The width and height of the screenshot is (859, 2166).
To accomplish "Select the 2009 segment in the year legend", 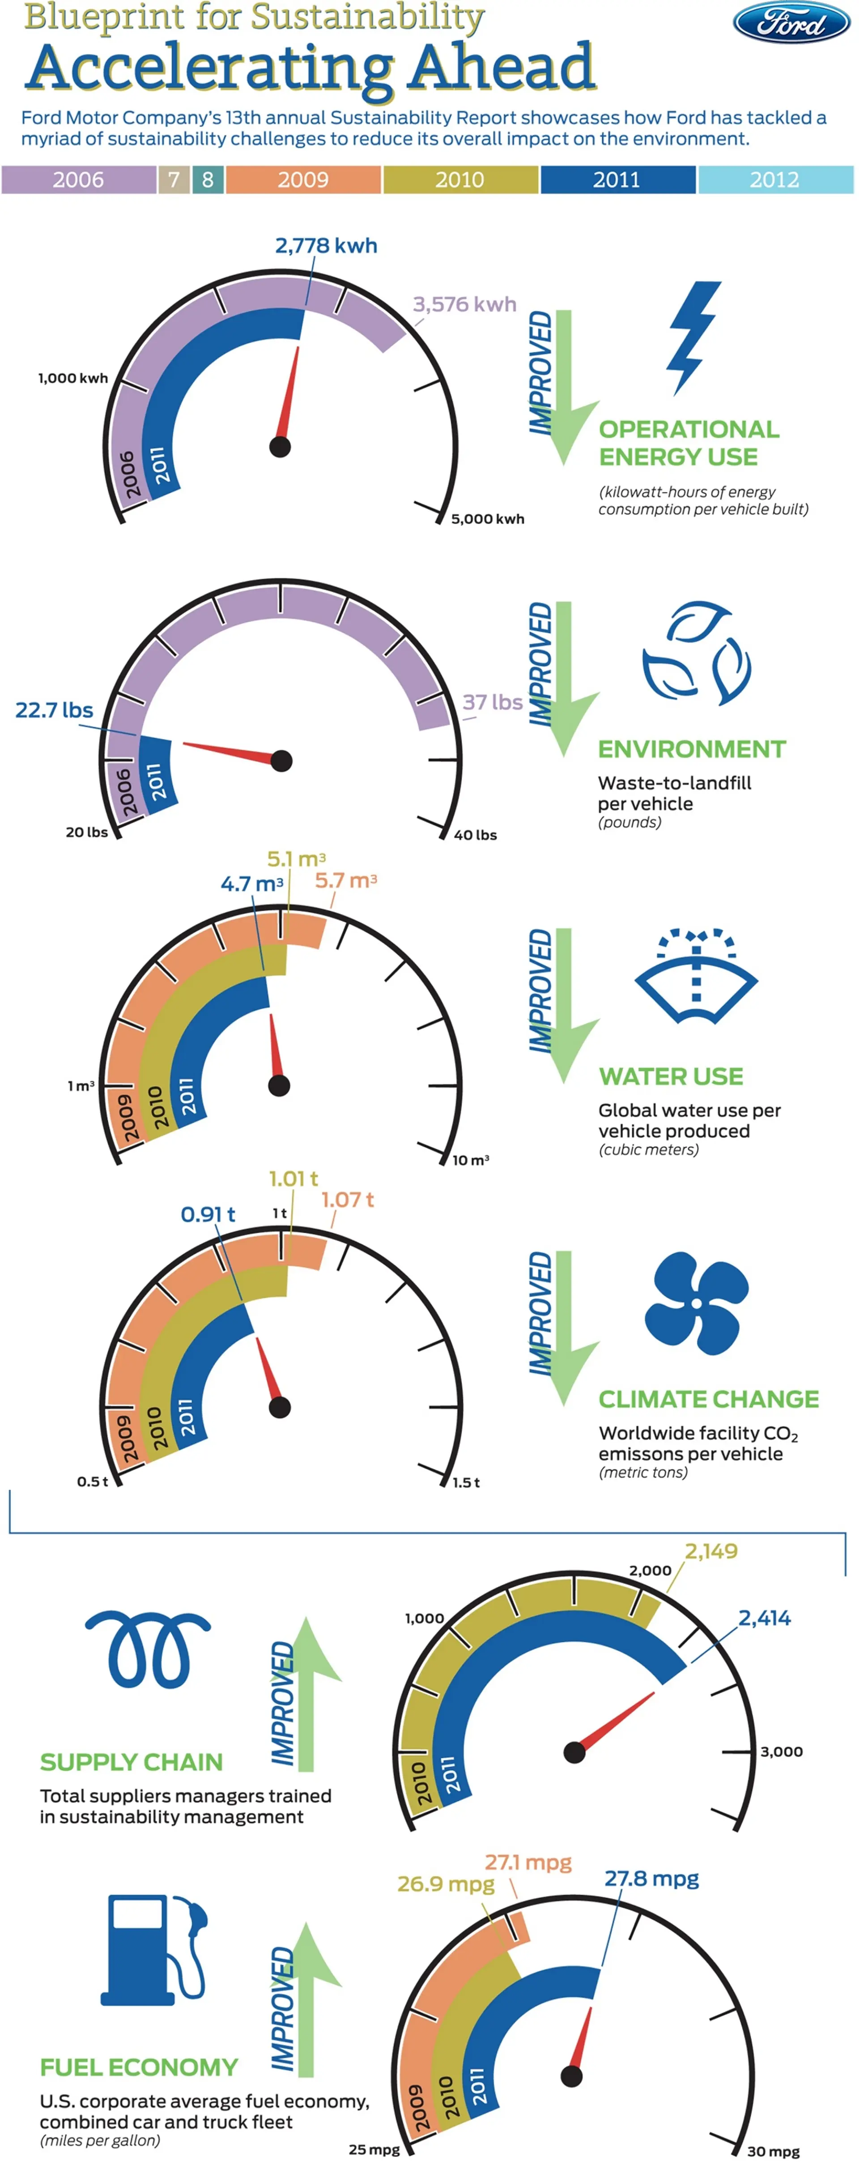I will (x=303, y=179).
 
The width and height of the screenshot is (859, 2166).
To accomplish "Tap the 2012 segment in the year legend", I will (x=775, y=179).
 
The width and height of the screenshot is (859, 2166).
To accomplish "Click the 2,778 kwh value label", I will (x=326, y=245).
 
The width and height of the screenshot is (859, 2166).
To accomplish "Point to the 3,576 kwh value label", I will (x=464, y=305).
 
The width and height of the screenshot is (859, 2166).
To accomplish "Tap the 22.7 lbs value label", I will (x=54, y=710).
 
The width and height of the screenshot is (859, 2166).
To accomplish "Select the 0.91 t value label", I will (x=208, y=1214).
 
